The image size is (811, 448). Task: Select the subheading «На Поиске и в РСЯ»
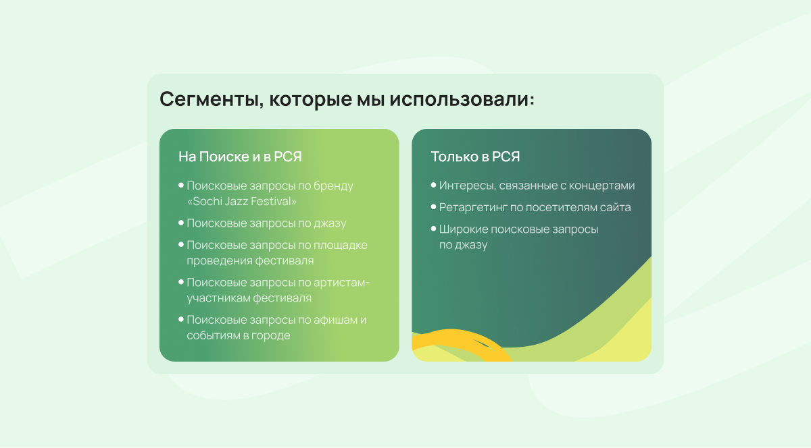(240, 157)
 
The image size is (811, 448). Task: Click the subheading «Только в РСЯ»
(475, 157)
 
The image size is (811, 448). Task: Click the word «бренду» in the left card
(333, 186)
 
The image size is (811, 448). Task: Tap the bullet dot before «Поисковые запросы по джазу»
(181, 223)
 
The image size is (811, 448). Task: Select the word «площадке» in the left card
(341, 245)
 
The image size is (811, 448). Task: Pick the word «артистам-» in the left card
(341, 283)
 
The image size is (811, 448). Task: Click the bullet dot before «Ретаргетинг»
(433, 207)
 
